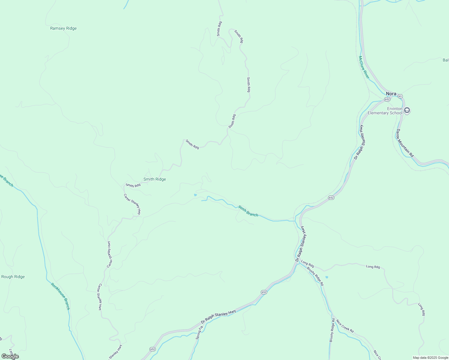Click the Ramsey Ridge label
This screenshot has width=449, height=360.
pos(63,28)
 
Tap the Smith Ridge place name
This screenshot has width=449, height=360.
pos(155,179)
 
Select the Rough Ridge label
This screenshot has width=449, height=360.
pos(13,277)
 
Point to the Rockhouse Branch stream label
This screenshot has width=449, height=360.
pos(60,296)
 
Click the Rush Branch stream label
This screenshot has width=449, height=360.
pos(248,211)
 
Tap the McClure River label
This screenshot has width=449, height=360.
pos(364,67)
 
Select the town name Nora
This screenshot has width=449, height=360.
pos(391,94)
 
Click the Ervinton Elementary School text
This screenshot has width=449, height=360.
pos(385,111)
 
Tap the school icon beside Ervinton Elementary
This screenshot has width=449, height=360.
pos(407,110)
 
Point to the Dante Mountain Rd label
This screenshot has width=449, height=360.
pos(405,143)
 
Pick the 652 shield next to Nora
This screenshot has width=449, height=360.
pos(387,99)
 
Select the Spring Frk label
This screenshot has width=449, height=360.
pos(199,332)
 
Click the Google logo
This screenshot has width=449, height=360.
pos(10,356)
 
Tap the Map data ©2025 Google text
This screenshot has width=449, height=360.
pos(430,358)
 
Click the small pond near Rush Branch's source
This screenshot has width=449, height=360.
pos(195,195)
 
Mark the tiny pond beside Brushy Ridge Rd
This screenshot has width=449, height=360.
pos(327,277)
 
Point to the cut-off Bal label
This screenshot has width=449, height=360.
pos(446,60)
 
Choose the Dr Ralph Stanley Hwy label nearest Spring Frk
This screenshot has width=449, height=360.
pos(218,317)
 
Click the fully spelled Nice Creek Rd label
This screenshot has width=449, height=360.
pos(345,326)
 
